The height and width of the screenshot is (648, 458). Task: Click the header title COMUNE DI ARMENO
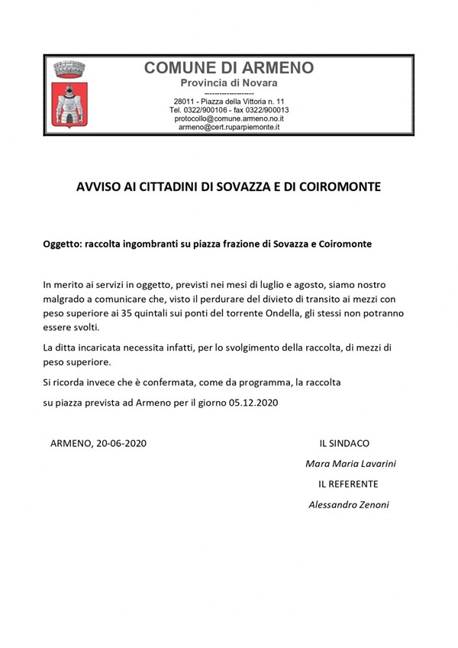[228, 68]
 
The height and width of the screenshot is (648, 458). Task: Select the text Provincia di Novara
[228, 83]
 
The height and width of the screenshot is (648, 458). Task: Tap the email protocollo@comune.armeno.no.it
[229, 118]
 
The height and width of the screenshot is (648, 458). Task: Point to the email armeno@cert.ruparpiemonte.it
[229, 128]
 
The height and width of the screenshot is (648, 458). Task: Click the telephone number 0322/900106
[205, 110]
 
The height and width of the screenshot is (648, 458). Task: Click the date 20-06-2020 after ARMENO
[121, 442]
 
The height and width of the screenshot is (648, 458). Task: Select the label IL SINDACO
[344, 442]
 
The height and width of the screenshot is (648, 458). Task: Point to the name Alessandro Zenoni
[348, 504]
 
